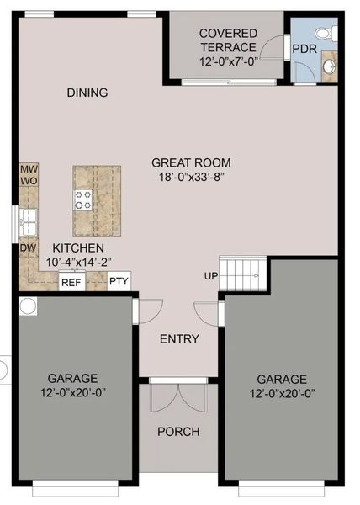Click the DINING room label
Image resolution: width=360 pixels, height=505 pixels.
[87, 93]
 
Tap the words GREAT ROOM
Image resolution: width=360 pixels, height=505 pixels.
[191, 162]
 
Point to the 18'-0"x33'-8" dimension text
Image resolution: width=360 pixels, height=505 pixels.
[191, 177]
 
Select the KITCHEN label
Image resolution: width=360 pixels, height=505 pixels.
[78, 248]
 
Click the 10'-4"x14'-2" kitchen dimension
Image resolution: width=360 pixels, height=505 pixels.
[78, 263]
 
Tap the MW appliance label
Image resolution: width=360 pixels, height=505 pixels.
[28, 169]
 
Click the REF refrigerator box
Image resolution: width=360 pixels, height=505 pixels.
[71, 282]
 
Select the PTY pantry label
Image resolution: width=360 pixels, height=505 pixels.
[119, 282]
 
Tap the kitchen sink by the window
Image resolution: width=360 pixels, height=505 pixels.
[28, 221]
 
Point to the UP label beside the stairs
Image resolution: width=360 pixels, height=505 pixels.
[210, 276]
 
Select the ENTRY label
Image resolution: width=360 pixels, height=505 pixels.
[179, 339]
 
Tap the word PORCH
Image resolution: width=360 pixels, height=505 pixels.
[179, 432]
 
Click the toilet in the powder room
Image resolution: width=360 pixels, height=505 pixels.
[331, 33]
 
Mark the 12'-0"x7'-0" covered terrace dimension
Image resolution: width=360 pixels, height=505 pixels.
[227, 62]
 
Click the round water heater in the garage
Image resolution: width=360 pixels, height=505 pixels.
[28, 306]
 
